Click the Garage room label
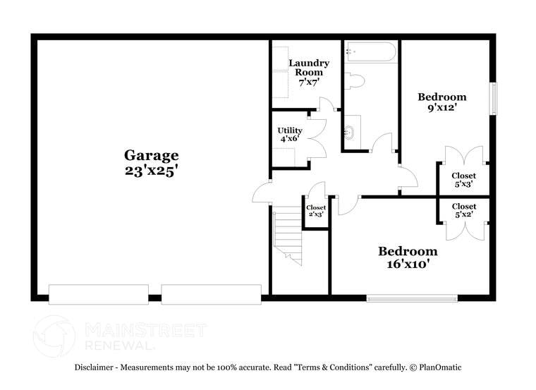click(152, 155)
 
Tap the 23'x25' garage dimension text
click(152, 171)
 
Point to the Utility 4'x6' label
click(290, 135)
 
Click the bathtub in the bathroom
click(370, 52)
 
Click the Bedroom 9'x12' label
click(442, 103)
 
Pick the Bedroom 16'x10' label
click(408, 258)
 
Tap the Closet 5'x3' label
click(463, 180)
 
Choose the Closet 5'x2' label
click(463, 210)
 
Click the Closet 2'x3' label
click(316, 210)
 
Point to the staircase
click(288, 237)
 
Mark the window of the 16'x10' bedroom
click(412, 298)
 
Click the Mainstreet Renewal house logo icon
click(54, 336)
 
